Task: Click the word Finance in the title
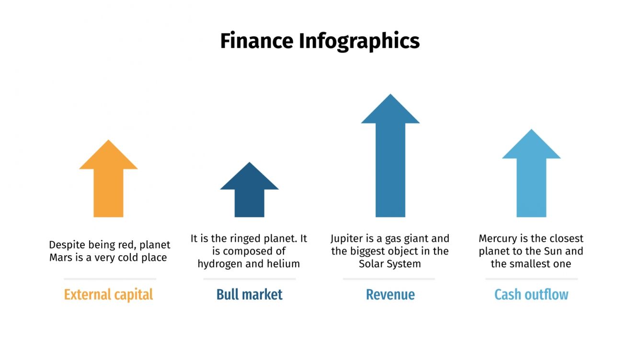257,41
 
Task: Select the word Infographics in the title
359,41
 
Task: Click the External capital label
109,294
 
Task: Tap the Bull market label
250,294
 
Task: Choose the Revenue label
390,294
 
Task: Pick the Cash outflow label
531,294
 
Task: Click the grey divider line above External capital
110,279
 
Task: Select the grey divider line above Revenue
389,279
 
